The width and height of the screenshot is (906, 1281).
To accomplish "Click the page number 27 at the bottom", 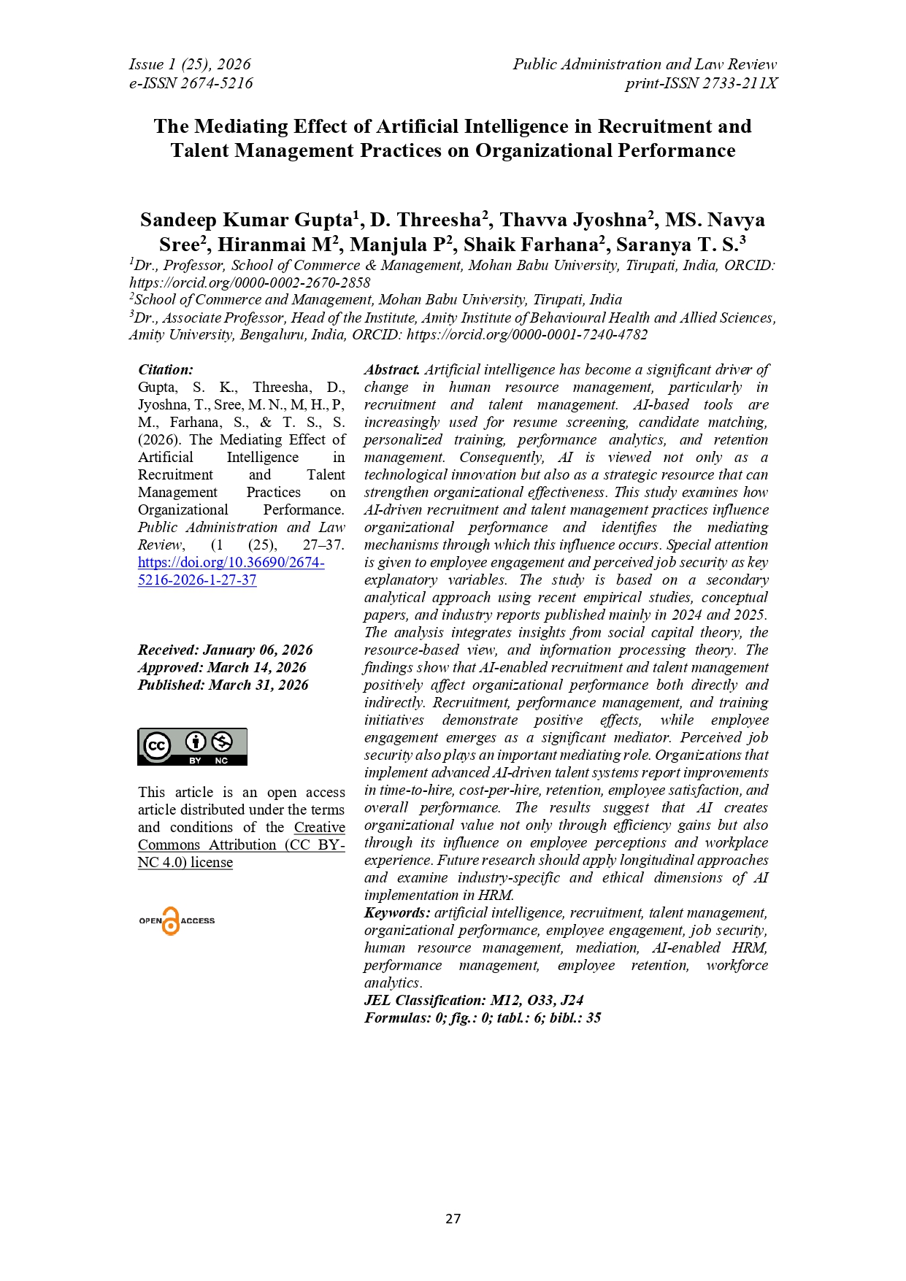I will pyautogui.click(x=453, y=1218).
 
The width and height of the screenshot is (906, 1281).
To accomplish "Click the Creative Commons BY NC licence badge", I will pyautogui.click(x=192, y=747).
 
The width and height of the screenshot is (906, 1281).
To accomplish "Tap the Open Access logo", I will pyautogui.click(x=177, y=921).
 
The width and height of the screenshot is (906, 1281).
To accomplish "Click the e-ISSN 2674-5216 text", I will pyautogui.click(x=191, y=83).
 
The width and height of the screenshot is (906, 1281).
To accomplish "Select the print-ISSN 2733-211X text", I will pyautogui.click(x=701, y=83).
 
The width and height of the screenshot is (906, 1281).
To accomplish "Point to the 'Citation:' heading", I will pyautogui.click(x=166, y=370).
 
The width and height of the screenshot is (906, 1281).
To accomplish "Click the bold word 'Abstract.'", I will pyautogui.click(x=392, y=370).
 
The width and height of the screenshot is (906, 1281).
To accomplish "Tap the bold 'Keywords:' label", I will pyautogui.click(x=397, y=913).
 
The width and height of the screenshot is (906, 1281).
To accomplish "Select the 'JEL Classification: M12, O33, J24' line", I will pyautogui.click(x=474, y=1001).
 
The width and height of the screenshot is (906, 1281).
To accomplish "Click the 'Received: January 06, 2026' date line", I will pyautogui.click(x=225, y=650).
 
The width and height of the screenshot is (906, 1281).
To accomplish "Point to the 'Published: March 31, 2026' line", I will pyautogui.click(x=223, y=685).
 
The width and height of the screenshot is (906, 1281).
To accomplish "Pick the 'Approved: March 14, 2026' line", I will pyautogui.click(x=222, y=668).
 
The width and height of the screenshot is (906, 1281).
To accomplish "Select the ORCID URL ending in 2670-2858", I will pyautogui.click(x=250, y=282).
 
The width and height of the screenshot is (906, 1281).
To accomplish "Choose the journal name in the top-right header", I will pyautogui.click(x=645, y=64).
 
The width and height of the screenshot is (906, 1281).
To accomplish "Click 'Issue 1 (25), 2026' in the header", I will pyautogui.click(x=190, y=64).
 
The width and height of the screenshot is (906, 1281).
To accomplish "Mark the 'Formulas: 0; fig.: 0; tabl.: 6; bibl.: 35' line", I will pyautogui.click(x=483, y=1018).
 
